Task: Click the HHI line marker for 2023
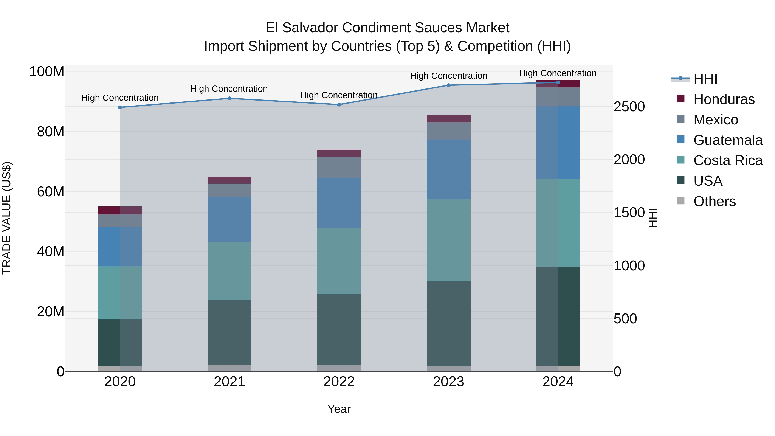(448, 85)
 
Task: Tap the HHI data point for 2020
(120, 107)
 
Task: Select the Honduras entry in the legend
(724, 99)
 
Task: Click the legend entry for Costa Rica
(727, 160)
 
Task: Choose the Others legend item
(714, 201)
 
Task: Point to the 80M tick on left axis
(51, 132)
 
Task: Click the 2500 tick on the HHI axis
(629, 107)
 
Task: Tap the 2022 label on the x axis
(339, 382)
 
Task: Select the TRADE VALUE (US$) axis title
(7, 218)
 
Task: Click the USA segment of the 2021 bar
(229, 332)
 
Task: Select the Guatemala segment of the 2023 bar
(448, 169)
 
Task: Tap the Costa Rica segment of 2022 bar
(339, 261)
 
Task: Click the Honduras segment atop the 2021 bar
(229, 180)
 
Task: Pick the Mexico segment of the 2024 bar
(558, 97)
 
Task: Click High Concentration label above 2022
(339, 95)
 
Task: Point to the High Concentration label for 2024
(558, 73)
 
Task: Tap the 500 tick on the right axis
(625, 319)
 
